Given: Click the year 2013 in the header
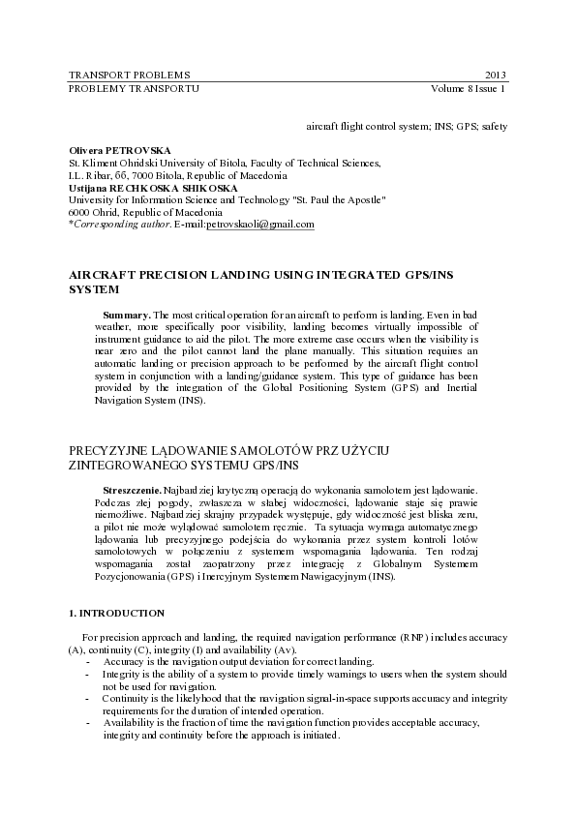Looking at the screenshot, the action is pos(495,75).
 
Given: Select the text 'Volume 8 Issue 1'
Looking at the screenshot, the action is pos(470,88).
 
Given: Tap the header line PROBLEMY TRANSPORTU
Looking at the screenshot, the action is pos(135,88).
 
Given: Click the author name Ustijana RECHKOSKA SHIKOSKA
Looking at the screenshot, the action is pos(153,188).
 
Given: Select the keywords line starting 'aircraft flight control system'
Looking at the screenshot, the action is pos(406,126).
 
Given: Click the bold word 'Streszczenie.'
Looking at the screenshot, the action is pos(133,491).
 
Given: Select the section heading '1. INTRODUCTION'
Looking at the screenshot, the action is pos(116,614).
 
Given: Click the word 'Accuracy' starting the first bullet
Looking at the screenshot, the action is pos(122,661).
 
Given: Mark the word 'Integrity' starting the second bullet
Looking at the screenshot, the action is pos(122,673).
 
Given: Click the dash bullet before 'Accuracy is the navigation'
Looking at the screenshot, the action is pos(88,661).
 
